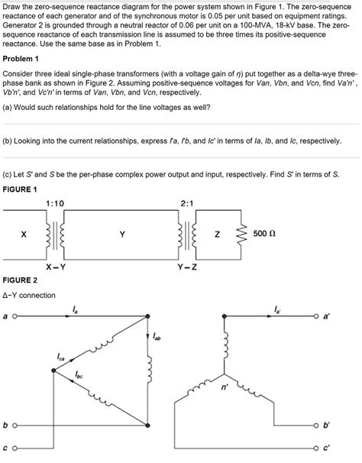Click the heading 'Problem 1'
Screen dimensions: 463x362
(21, 58)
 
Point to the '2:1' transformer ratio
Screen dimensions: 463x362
(189, 202)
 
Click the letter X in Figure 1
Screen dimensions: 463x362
(24, 235)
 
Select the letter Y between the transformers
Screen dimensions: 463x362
(122, 235)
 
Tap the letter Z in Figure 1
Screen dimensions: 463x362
(216, 235)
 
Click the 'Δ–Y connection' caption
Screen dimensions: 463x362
(29, 295)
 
